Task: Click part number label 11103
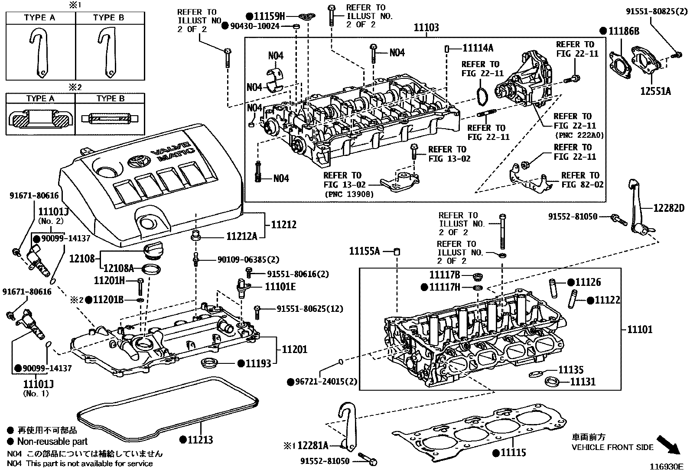click(x=426, y=28)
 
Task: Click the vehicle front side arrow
click(x=668, y=444)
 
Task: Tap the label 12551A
click(x=656, y=91)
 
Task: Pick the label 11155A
click(x=365, y=251)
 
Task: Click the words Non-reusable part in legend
click(x=52, y=442)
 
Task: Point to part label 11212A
click(x=242, y=236)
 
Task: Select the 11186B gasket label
click(x=624, y=31)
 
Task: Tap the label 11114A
click(x=478, y=48)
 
